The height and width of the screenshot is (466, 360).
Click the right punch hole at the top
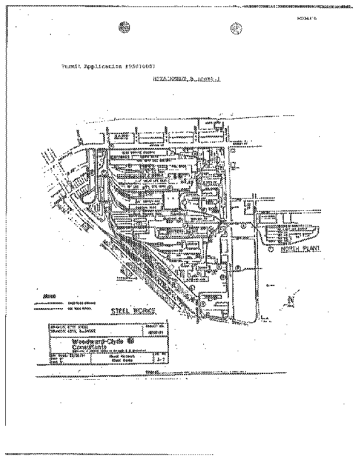coord(236,27)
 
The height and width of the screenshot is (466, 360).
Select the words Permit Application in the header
coord(87,68)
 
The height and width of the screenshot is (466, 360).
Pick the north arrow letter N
coord(291,298)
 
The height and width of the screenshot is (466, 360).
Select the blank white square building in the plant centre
coord(171,201)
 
